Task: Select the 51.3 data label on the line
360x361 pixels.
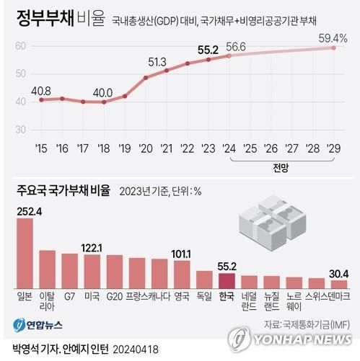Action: [157, 61]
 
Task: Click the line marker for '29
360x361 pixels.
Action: [333, 48]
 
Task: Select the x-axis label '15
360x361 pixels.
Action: [40, 148]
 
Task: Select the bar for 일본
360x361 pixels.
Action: [25, 253]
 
